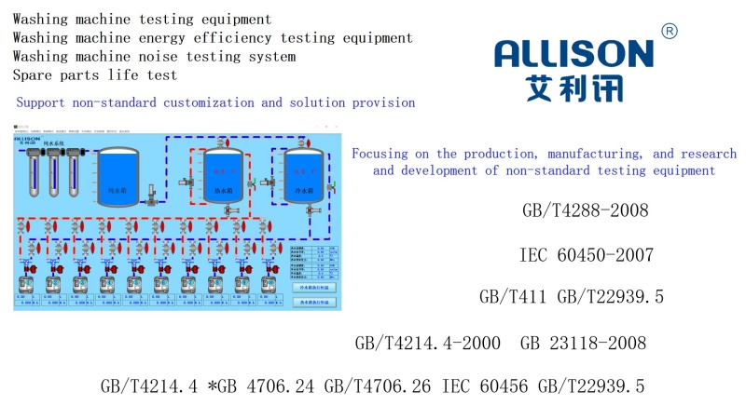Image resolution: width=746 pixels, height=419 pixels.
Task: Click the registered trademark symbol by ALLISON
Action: point(669,31)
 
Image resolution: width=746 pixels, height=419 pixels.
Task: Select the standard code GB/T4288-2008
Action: point(586,210)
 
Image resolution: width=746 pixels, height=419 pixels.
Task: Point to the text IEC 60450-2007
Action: point(586,255)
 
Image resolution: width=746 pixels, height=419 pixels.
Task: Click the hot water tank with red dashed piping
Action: point(222,174)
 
